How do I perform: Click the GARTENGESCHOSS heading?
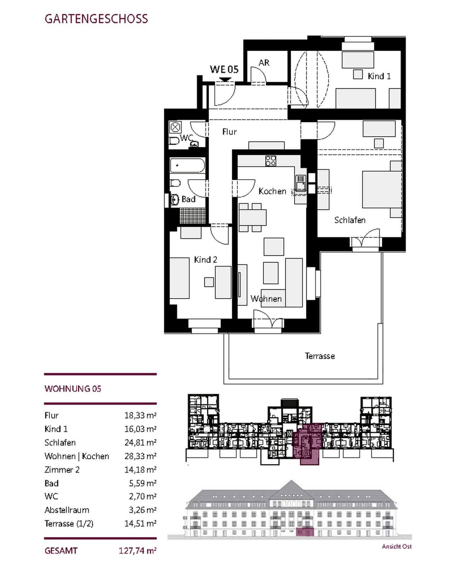96,19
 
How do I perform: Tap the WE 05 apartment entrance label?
224,69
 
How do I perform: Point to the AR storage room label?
264,63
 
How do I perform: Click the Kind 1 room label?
379,76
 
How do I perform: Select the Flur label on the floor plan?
229,132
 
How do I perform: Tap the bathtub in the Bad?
187,165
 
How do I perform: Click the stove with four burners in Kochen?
271,161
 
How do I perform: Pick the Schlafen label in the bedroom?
350,220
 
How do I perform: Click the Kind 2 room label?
206,260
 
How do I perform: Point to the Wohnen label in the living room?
266,299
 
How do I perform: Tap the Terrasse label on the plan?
320,356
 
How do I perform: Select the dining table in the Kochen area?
253,218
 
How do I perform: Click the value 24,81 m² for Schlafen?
140,443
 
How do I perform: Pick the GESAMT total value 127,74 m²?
138,551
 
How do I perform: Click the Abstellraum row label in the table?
67,510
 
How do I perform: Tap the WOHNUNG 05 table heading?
73,389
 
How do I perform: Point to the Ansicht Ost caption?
397,547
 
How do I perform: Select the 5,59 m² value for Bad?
143,483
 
